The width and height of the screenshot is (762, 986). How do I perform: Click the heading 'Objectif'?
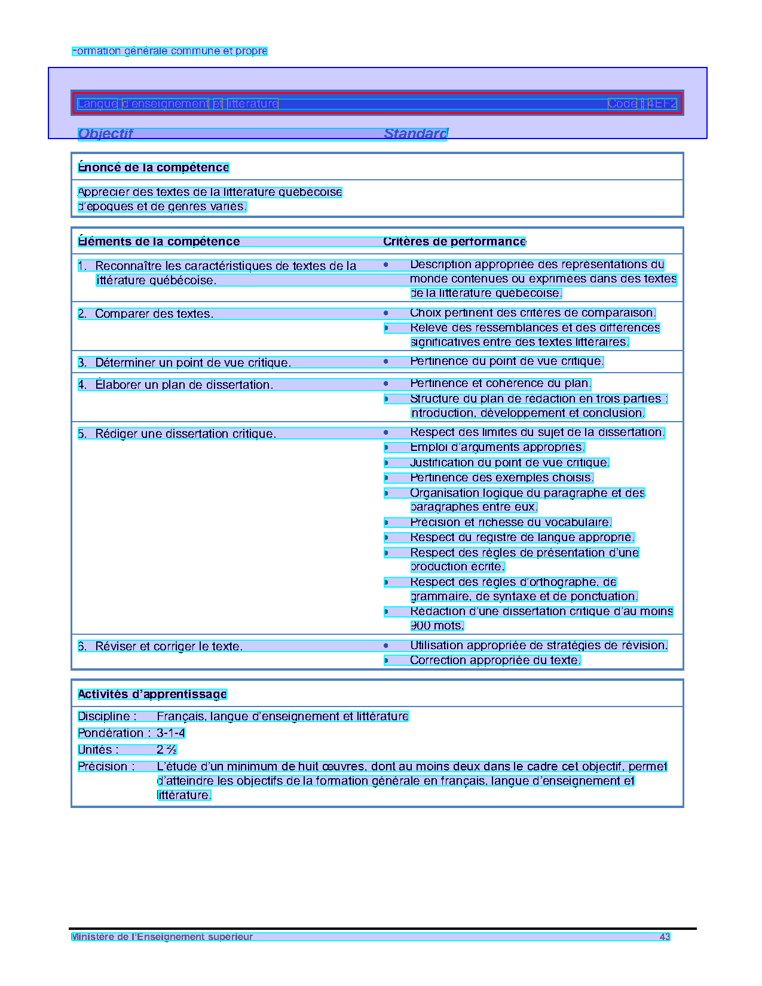105,134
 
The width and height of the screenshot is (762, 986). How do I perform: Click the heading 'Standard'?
415,134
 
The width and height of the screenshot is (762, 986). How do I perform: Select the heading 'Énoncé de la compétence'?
154,168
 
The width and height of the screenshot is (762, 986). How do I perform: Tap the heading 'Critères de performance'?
454,242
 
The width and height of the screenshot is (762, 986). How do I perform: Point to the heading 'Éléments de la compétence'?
159,242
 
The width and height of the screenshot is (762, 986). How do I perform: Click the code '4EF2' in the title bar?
663,104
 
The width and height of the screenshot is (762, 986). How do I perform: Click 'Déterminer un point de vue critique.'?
192,363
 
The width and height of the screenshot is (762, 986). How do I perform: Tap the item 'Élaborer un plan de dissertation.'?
183,385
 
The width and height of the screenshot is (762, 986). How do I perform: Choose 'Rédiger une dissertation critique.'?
185,434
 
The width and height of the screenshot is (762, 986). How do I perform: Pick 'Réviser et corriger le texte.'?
169,647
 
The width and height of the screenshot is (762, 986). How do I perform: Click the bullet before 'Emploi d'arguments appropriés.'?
387,447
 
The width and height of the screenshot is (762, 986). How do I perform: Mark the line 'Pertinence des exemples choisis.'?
501,478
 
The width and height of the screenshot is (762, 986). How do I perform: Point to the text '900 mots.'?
437,626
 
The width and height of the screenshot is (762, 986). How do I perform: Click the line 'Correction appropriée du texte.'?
495,661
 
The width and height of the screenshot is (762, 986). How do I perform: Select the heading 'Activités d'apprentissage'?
152,695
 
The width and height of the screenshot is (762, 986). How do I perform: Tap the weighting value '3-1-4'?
171,733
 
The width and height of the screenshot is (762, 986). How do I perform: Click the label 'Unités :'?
99,750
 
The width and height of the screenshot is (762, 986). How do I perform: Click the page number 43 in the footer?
665,937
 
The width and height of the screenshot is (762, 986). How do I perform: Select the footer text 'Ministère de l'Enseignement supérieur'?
162,937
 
